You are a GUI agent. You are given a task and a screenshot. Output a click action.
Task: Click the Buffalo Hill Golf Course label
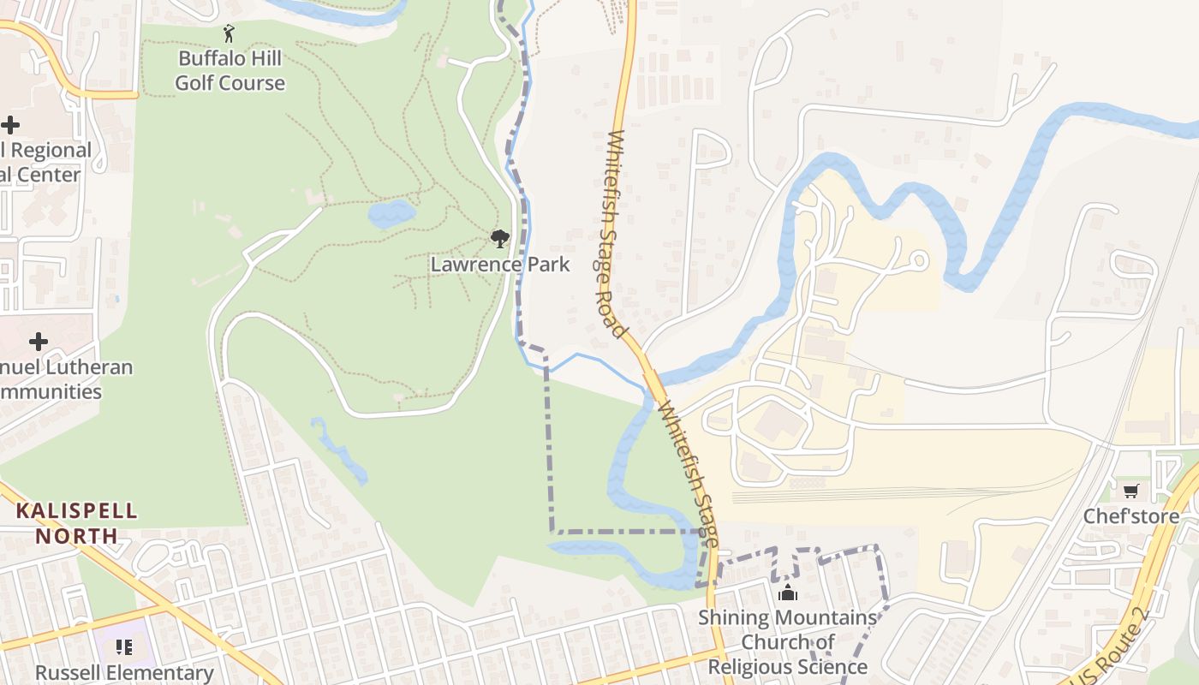230,71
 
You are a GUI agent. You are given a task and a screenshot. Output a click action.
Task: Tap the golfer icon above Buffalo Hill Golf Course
229,34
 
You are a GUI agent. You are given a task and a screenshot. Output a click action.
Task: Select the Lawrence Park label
499,265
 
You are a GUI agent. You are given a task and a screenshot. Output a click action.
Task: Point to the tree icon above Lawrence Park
499,239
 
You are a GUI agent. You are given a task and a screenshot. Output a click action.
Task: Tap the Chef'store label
1130,516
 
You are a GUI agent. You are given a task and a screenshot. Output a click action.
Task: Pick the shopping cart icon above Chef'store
1130,491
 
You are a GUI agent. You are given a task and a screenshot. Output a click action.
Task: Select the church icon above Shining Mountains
787,593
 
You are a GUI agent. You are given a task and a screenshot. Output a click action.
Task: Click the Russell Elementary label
124,673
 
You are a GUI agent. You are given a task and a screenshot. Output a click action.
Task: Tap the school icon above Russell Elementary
124,647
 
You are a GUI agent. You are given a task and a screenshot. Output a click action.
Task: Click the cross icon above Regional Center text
10,126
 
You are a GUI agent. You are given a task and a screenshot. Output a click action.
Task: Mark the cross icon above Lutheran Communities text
39,342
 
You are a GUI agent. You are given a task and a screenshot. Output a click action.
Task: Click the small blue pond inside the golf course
391,213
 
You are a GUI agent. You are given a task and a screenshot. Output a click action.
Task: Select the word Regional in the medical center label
51,151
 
